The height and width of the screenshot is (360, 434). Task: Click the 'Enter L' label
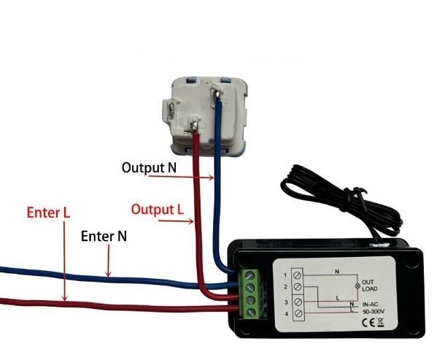coord(48,212)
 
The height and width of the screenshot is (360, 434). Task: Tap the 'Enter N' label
coord(104,237)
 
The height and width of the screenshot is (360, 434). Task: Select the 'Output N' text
coord(149,168)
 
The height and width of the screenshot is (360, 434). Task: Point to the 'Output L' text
coord(158,210)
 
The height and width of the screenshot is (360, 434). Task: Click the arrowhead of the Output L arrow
coord(190,221)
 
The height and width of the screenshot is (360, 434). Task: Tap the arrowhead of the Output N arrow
coord(211,177)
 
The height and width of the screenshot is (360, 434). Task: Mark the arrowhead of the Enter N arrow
coord(108,274)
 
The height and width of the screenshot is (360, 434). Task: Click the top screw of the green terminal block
coord(250,275)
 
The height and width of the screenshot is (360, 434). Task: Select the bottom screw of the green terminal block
coord(250,312)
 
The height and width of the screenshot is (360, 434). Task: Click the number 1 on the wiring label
coord(285,275)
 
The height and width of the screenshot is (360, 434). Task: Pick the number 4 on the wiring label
coord(287,314)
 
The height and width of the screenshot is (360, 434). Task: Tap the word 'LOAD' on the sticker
coord(370,288)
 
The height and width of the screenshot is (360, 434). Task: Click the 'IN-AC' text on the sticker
coord(371,305)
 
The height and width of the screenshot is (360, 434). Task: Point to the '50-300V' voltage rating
coord(373,312)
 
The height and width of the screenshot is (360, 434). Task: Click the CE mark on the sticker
coord(369,322)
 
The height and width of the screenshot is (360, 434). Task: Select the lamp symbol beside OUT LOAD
coord(357,286)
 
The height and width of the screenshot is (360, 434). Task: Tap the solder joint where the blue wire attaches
coord(218,92)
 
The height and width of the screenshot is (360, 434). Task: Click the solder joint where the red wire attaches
coord(195,124)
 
